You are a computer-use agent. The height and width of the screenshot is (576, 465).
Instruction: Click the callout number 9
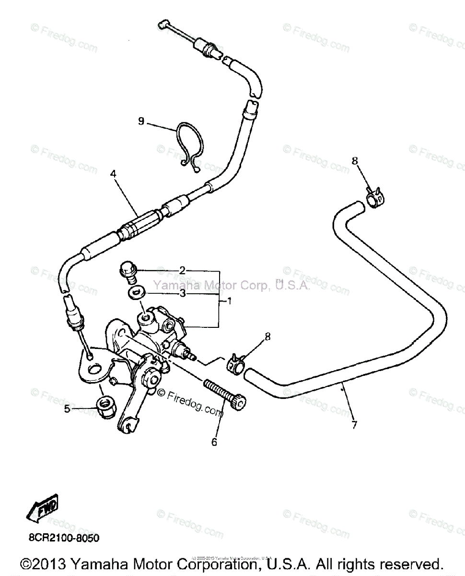[x=141, y=121]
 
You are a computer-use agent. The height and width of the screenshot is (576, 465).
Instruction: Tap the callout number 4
[x=113, y=174]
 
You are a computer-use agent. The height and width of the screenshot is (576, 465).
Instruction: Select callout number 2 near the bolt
[x=182, y=271]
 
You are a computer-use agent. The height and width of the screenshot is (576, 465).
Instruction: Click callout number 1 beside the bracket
[x=229, y=301]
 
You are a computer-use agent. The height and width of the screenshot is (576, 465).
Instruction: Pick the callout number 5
[x=67, y=409]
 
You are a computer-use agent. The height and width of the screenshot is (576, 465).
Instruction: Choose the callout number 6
[x=214, y=442]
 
